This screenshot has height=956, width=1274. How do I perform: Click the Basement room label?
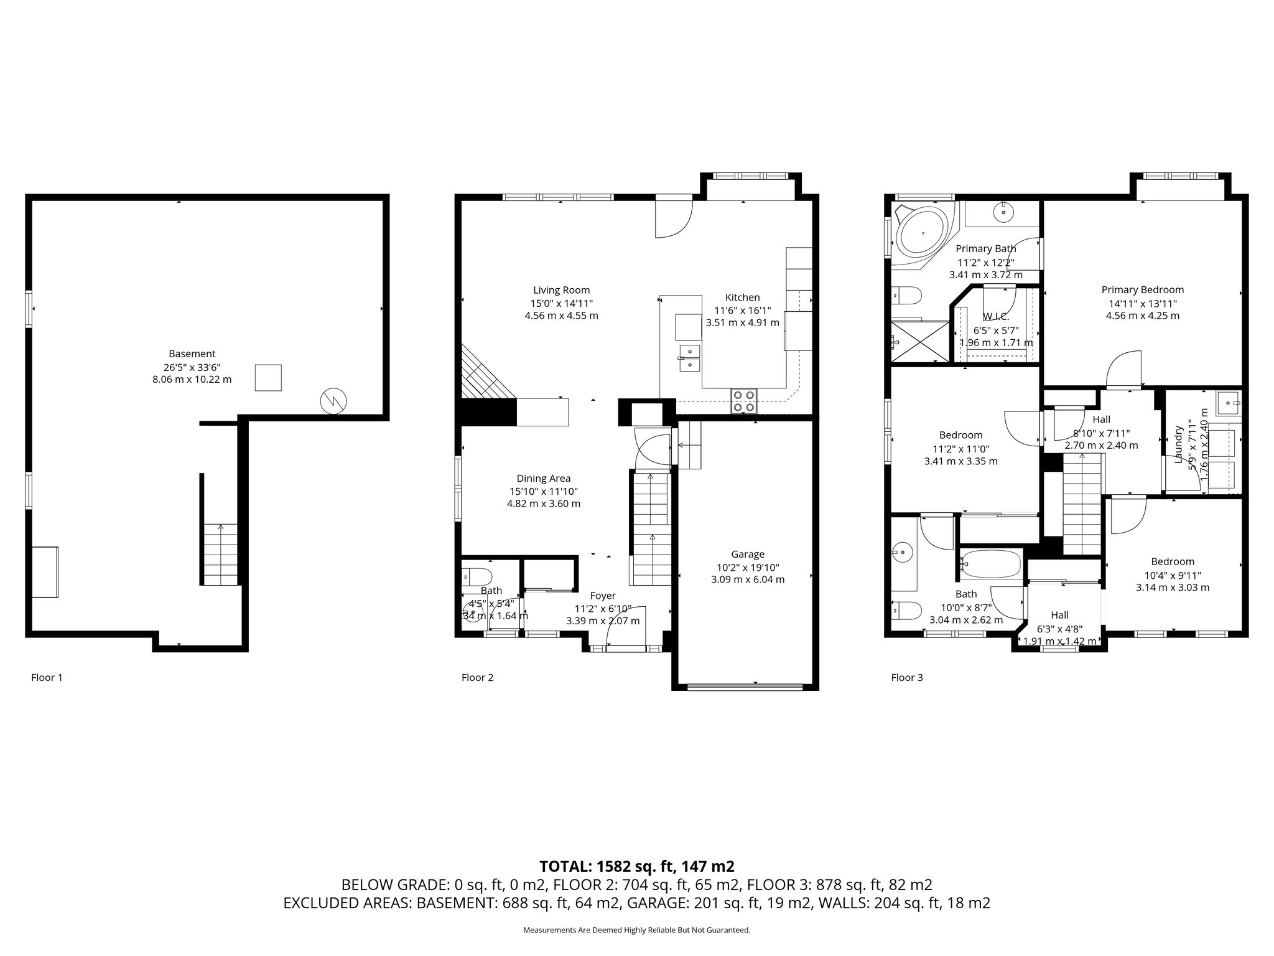[192, 354]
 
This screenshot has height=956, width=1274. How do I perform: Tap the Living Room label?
[561, 290]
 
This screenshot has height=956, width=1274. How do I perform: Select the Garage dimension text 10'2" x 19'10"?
[747, 567]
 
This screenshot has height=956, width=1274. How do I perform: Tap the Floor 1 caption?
[47, 677]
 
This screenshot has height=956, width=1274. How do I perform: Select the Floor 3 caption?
[907, 677]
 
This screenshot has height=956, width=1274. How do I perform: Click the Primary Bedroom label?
[1142, 290]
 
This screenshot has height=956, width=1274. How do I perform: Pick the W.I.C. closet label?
[995, 317]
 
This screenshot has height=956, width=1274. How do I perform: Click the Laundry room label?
[1178, 444]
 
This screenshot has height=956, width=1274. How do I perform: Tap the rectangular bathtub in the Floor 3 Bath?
[990, 564]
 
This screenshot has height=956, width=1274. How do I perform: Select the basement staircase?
[221, 554]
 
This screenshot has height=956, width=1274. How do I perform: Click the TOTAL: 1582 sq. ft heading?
[636, 866]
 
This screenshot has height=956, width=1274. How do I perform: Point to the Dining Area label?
[543, 479]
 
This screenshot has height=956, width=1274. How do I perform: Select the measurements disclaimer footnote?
[636, 930]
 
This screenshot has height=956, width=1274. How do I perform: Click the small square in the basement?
[268, 378]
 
